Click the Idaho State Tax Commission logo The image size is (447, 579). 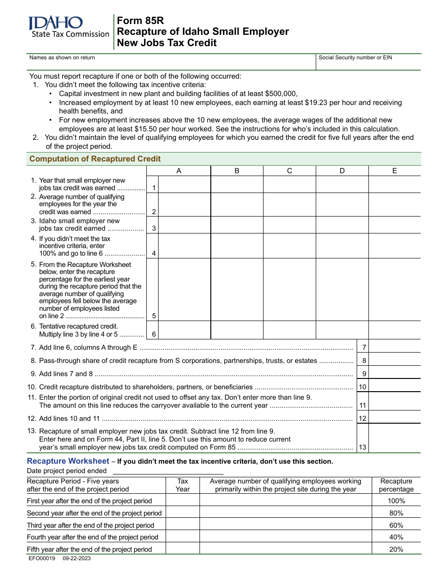tap(68, 27)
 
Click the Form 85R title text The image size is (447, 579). tap(140, 20)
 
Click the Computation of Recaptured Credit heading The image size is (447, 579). tap(95, 159)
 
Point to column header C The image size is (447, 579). tap(289, 171)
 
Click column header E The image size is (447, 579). tap(394, 171)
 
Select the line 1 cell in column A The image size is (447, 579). tap(184, 185)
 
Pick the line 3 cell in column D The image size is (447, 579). tap(342, 225)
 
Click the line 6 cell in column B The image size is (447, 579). tap(237, 330)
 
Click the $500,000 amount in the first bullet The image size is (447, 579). tap(281, 94)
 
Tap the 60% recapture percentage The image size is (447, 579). tap(396, 525)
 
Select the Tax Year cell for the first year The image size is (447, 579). tap(183, 501)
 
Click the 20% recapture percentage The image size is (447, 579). tap(396, 549)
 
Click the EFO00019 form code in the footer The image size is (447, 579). tap(42, 558)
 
